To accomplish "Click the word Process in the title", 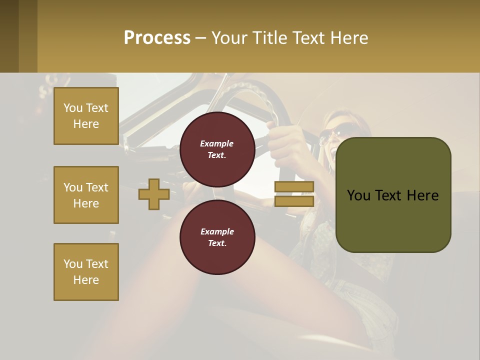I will click(x=157, y=38).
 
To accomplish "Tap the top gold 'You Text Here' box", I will click(x=86, y=116).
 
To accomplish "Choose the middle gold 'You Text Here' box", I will click(x=86, y=195).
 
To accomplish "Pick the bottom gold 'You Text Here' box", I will click(x=86, y=272).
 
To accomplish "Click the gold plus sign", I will click(x=154, y=194).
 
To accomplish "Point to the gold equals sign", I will click(x=294, y=194).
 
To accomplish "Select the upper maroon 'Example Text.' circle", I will click(x=217, y=149).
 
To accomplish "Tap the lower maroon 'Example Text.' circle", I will click(x=217, y=237).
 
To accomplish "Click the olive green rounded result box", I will click(x=393, y=195).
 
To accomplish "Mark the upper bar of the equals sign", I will click(x=294, y=187).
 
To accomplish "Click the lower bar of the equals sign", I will click(x=294, y=201).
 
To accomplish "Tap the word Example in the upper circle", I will click(x=216, y=143).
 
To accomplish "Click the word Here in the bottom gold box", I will click(x=86, y=280).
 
